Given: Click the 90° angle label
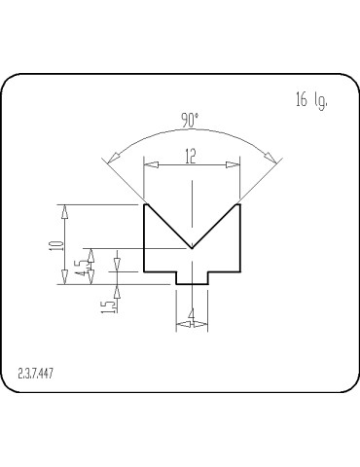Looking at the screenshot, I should coord(190,120).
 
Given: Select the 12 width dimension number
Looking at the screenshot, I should coord(191,156).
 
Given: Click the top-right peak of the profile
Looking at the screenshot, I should coord(239,203).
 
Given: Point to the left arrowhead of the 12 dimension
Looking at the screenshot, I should coord(150,165).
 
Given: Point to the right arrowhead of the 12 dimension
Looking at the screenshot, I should coord(234,165).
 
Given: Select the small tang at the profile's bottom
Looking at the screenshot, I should coord(192,278).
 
